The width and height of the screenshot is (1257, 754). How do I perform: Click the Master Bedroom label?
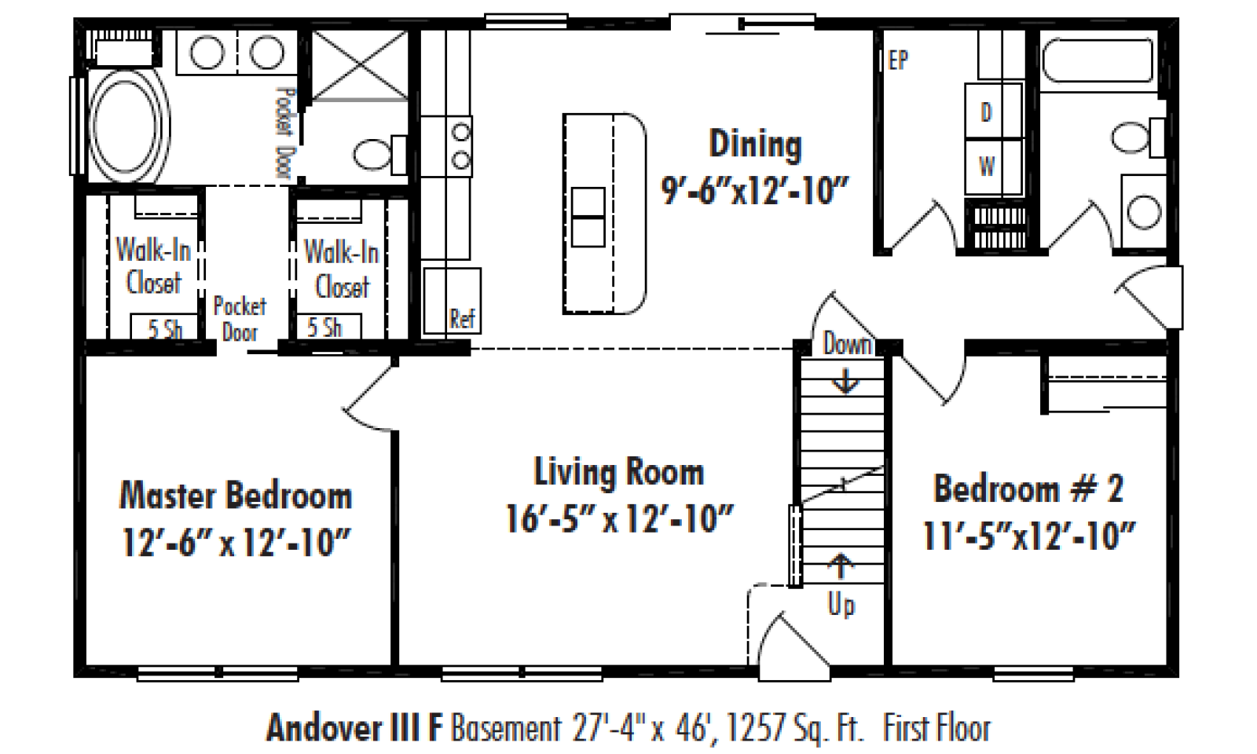(x=236, y=496)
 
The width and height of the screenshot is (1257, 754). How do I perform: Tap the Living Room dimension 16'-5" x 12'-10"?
(x=619, y=518)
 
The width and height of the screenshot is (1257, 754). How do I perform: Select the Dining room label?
(x=755, y=145)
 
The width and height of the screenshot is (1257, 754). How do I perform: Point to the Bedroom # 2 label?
(x=1028, y=489)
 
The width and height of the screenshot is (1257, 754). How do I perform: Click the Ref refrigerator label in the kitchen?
(x=462, y=319)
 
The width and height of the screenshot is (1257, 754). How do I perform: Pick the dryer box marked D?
(x=993, y=111)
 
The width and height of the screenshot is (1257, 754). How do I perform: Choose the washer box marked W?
(x=993, y=167)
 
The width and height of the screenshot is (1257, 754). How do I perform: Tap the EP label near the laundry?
(x=898, y=60)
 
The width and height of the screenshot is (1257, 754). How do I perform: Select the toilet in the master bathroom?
(x=380, y=154)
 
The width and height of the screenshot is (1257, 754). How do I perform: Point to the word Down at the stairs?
(x=848, y=343)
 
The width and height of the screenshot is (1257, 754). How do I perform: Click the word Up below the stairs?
(x=841, y=606)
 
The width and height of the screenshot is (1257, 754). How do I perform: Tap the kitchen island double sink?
(x=588, y=217)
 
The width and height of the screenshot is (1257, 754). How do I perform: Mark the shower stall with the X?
(x=360, y=66)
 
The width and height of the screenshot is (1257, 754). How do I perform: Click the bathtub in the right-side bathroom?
(x=1098, y=60)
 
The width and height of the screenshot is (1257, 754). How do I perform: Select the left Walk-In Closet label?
(x=153, y=265)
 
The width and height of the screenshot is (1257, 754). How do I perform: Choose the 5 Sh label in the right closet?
(x=324, y=327)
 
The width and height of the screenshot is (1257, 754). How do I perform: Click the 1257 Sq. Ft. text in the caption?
(x=794, y=728)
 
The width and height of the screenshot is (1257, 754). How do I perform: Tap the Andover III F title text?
(x=354, y=727)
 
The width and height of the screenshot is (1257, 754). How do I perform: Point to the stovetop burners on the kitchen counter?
(x=460, y=146)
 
